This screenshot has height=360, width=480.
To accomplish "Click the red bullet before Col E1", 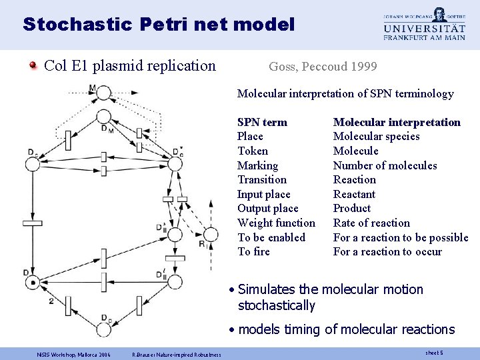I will tap(33, 66).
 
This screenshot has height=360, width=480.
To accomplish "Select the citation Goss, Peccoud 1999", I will tap(323, 67).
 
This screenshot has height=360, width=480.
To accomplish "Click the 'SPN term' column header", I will tap(262, 122).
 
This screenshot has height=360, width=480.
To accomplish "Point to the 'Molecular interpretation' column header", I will tap(397, 122).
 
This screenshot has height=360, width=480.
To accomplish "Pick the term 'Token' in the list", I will tap(253, 151).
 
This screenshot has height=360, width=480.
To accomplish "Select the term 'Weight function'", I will tap(276, 223).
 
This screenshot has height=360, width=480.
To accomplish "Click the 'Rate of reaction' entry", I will tap(371, 223).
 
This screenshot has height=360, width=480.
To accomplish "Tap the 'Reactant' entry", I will tap(354, 194).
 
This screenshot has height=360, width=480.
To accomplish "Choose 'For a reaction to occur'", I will tap(387, 251).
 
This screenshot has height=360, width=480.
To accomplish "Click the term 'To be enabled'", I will tap(271, 237).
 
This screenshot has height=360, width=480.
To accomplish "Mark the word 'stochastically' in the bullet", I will tap(276, 306).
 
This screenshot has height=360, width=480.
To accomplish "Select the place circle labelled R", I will tap(210, 234).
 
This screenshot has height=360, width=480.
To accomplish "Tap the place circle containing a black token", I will tap(32, 283).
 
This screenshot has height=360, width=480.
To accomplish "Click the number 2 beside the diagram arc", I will tap(51, 301).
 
